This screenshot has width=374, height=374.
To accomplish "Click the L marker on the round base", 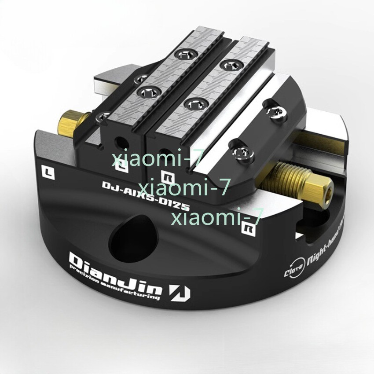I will [x=47, y=172].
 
